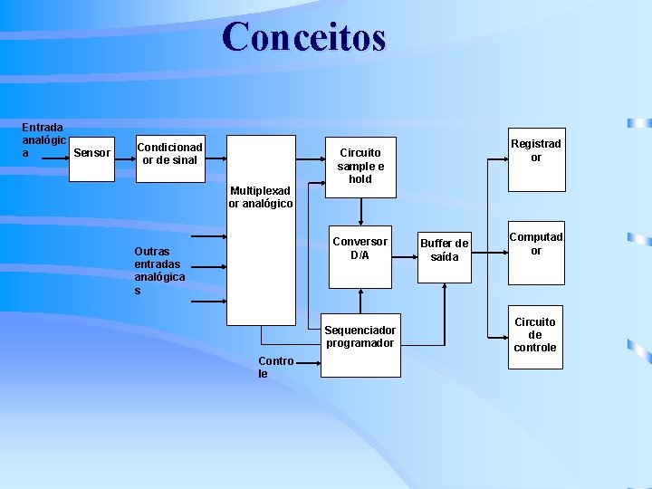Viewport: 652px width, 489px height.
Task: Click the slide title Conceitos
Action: pyautogui.click(x=303, y=37)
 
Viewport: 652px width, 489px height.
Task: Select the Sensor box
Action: pyautogui.click(x=91, y=155)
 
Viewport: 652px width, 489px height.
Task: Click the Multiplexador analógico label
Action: pyautogui.click(x=261, y=197)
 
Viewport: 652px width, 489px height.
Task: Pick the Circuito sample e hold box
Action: pyautogui.click(x=360, y=166)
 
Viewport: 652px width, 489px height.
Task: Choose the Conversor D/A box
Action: pyautogui.click(x=360, y=256)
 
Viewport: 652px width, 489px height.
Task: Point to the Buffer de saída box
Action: pyautogui.click(x=445, y=254)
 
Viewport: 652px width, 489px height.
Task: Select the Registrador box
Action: pyautogui.click(x=535, y=159)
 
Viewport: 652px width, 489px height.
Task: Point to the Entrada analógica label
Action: pyautogui.click(x=43, y=141)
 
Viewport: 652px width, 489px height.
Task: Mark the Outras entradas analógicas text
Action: pyautogui.click(x=159, y=271)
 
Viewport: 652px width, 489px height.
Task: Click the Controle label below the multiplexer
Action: pyautogui.click(x=275, y=367)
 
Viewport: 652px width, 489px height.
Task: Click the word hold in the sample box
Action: pyautogui.click(x=360, y=179)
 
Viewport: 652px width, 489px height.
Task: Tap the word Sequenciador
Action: pyautogui.click(x=360, y=330)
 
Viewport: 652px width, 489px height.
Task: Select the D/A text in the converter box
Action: pyautogui.click(x=360, y=254)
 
